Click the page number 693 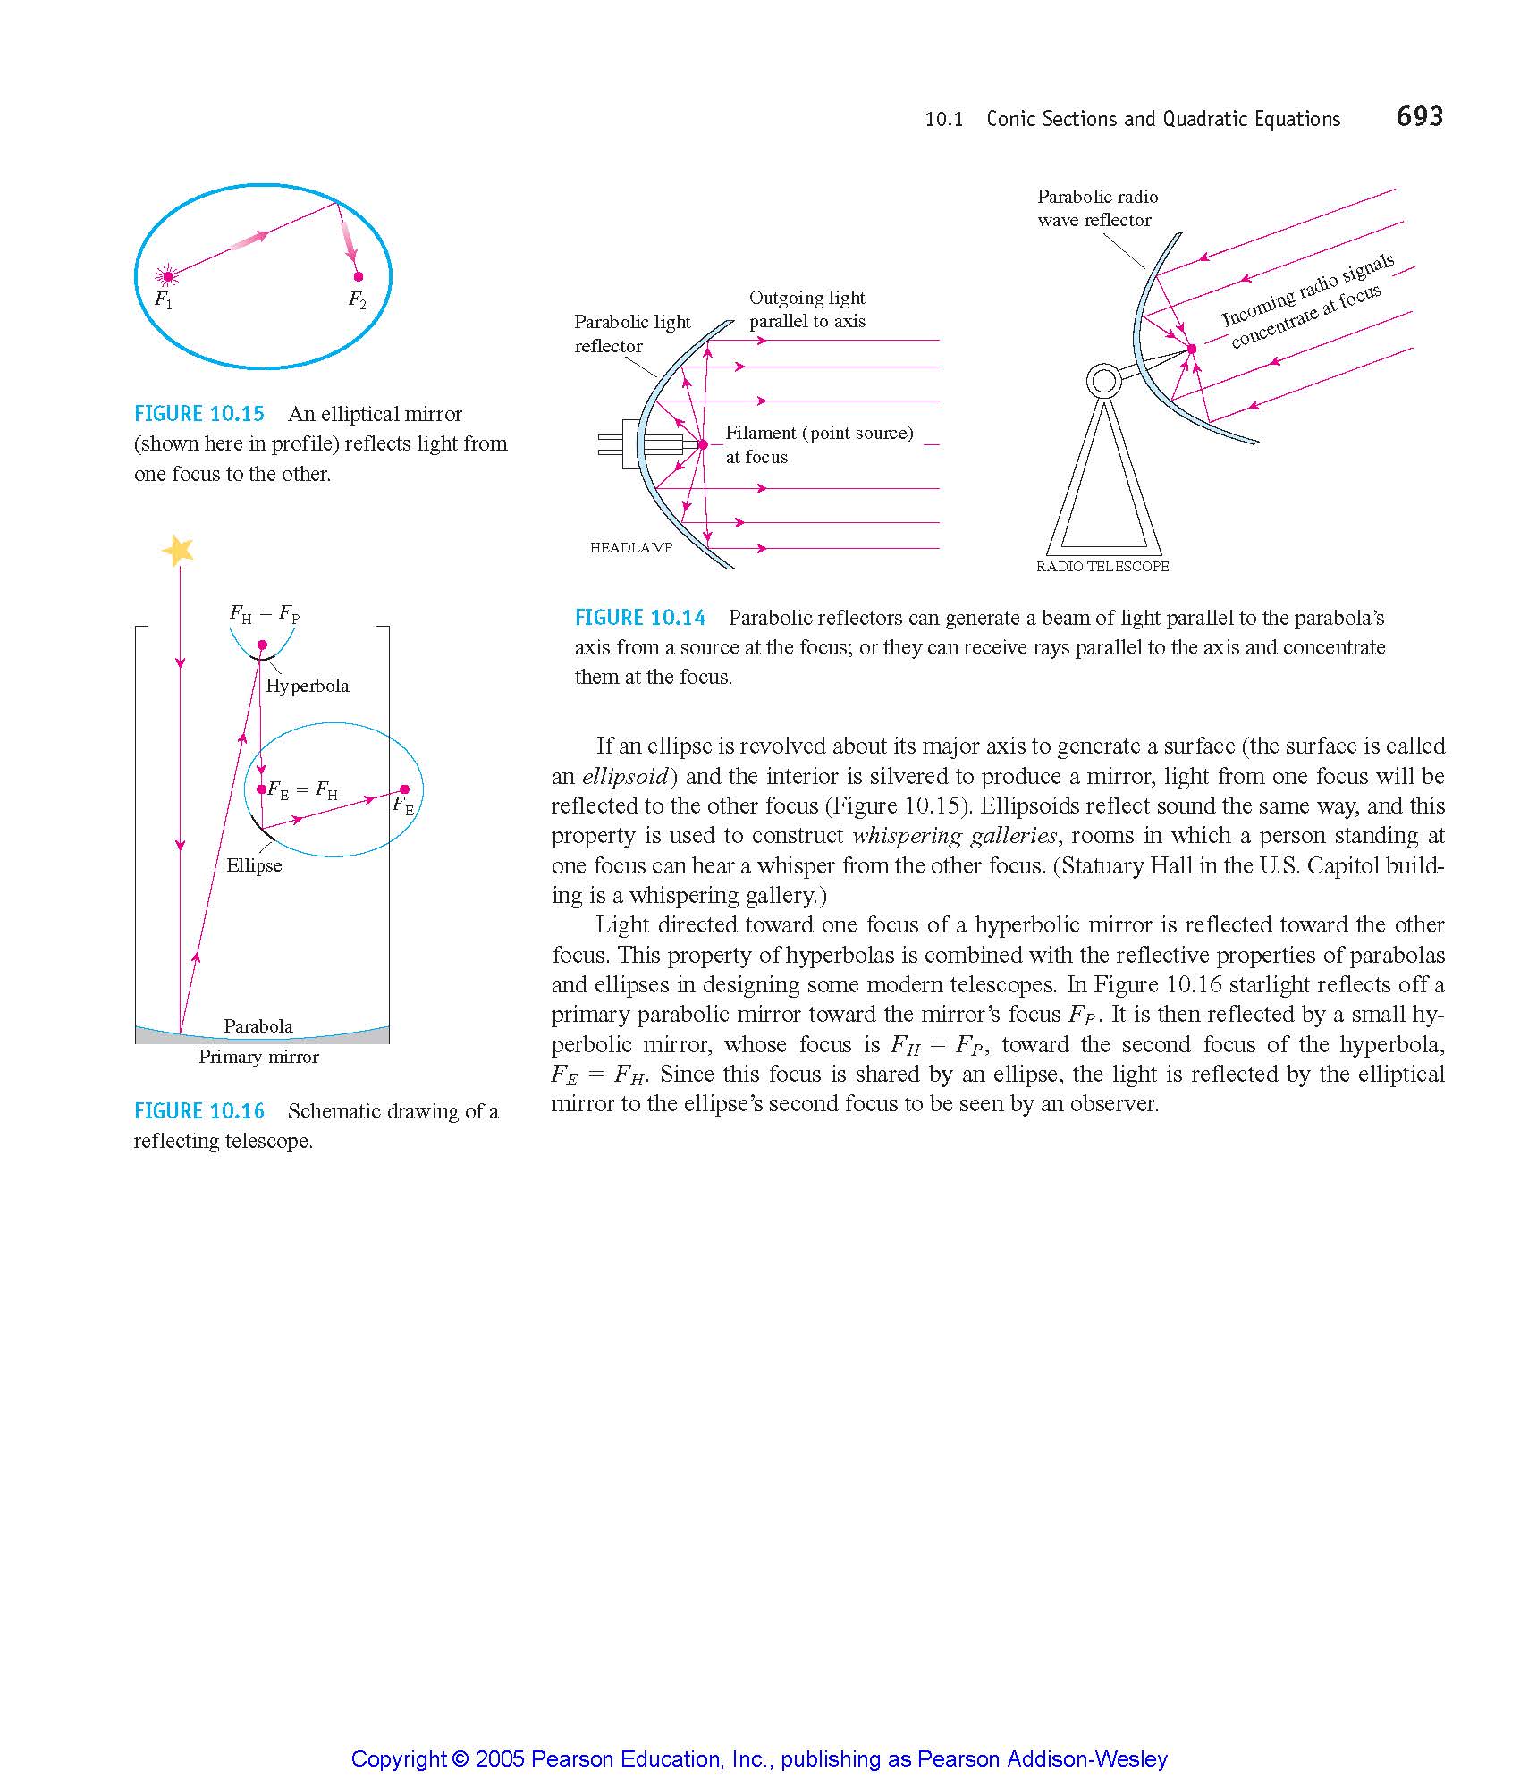(1419, 116)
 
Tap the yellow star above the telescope (178, 550)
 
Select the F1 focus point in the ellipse (166, 276)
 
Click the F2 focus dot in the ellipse (359, 276)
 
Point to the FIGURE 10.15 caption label (199, 414)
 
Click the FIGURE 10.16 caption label (199, 1111)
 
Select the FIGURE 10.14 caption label (640, 618)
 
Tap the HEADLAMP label (631, 548)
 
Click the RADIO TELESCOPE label (1102, 566)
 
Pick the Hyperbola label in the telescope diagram (307, 686)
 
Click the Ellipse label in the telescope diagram (254, 865)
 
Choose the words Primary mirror (258, 1057)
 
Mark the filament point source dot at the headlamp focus (703, 444)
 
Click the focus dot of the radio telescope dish (1191, 349)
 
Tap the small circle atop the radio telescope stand (1103, 382)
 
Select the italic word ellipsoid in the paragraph (624, 776)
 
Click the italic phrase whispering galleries (954, 836)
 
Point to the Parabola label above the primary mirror (258, 1026)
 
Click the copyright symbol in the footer (460, 1759)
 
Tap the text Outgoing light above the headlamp (806, 298)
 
